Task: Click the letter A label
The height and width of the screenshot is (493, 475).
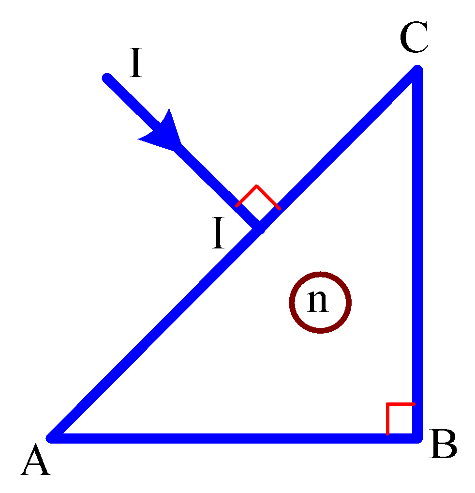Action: tap(35, 459)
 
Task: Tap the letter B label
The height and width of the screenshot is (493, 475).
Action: tap(443, 444)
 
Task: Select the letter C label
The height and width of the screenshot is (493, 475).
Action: tap(414, 37)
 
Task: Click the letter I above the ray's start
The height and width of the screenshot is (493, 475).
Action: tap(135, 62)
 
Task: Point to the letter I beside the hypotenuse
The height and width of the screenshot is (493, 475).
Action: tap(218, 232)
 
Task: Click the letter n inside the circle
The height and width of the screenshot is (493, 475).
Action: tap(318, 301)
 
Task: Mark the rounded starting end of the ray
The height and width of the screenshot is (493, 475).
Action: tap(107, 77)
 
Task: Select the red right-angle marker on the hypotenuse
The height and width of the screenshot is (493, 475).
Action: tap(257, 186)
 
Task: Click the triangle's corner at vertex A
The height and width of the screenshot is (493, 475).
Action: tap(51, 438)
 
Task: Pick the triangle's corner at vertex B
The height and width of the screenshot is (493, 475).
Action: tap(417, 438)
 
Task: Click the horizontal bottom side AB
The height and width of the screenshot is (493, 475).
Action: tap(234, 438)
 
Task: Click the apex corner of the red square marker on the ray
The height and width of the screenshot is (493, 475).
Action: tap(257, 186)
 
